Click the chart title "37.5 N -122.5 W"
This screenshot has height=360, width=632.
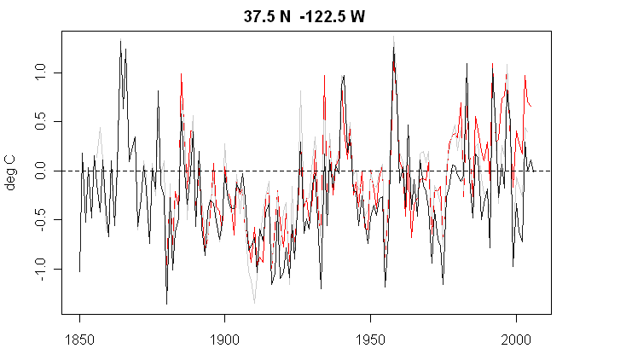pyautogui.click(x=304, y=16)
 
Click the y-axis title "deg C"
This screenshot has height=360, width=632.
pyautogui.click(x=11, y=171)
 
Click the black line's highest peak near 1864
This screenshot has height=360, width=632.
pyautogui.click(x=120, y=41)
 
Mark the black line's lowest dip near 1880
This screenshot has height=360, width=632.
pyautogui.click(x=166, y=304)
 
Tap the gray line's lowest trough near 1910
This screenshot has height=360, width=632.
pyautogui.click(x=254, y=303)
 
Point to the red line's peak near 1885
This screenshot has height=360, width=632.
pyautogui.click(x=181, y=74)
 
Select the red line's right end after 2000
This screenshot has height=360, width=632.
pyautogui.click(x=533, y=107)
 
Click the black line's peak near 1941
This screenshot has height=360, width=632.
pyautogui.click(x=344, y=75)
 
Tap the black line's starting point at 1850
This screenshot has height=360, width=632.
pyautogui.click(x=79, y=271)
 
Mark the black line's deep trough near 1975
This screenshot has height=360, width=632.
pyautogui.click(x=443, y=284)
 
